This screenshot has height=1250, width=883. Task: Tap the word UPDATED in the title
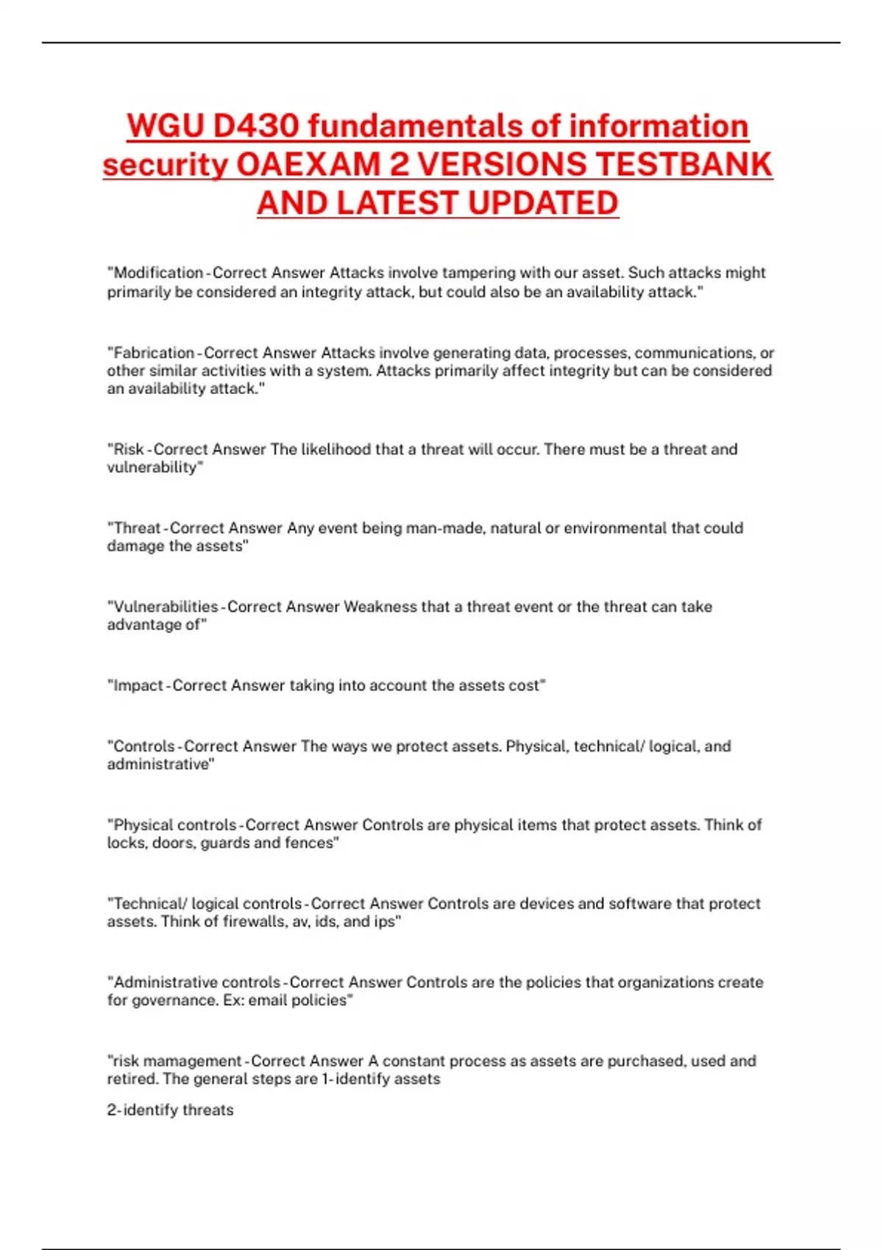(543, 204)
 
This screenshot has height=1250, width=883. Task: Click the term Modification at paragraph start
(158, 273)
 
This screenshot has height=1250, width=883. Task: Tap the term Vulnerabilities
(166, 607)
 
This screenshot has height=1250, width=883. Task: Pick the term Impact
(138, 685)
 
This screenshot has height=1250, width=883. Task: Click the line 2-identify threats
(170, 1110)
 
